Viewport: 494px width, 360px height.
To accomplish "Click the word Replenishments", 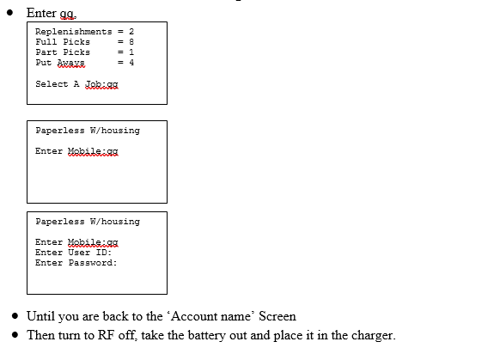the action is [73, 32].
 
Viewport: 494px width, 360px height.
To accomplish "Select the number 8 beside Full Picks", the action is [131, 41].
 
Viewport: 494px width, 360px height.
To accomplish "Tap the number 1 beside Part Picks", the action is [131, 52].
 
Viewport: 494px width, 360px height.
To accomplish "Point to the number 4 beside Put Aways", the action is [131, 63].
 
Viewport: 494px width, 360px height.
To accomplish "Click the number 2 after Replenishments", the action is [131, 32].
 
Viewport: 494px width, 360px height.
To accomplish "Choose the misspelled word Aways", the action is [71, 63].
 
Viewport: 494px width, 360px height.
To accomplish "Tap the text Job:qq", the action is [101, 84].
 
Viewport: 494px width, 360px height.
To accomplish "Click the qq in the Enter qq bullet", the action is [68, 14].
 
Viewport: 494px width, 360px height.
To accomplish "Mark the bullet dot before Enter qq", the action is [9, 13].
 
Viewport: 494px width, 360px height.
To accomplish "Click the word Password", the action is [93, 263].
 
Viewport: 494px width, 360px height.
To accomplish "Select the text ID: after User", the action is [104, 253].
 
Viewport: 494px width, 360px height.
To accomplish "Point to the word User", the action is [79, 253].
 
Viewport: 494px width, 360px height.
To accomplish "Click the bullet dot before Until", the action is [15, 316].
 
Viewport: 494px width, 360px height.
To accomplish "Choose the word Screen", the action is [277, 316].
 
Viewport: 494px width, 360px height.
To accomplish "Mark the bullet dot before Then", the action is [15, 334].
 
